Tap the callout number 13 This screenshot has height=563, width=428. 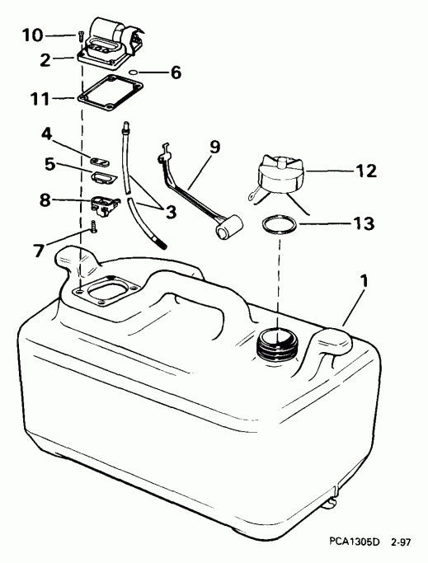click(363, 223)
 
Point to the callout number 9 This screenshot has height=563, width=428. click(214, 148)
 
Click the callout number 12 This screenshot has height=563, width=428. click(365, 171)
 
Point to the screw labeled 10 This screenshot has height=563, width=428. click(80, 35)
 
